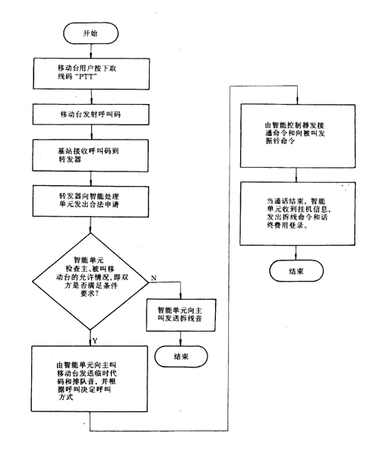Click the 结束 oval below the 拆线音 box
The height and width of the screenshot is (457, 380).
click(181, 357)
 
